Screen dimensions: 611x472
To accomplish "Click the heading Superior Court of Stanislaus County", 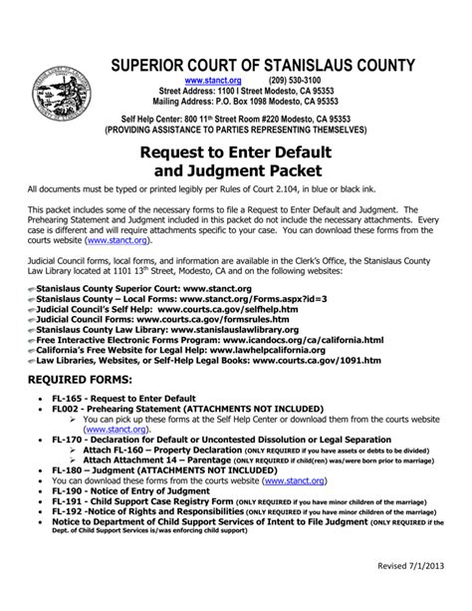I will [x=262, y=66].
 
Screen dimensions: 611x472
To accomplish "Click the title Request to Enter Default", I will [x=236, y=154].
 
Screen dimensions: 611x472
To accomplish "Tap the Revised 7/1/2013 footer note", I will [x=411, y=594].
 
